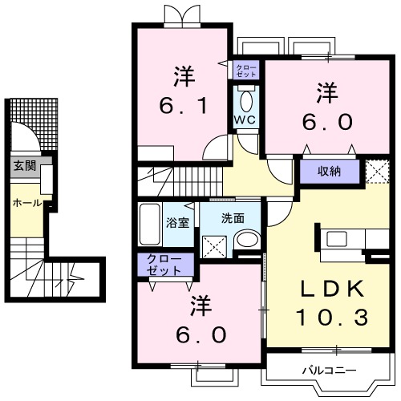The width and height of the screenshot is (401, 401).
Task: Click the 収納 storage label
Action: pos(328,171)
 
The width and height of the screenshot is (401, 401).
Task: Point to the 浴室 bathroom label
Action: pos(177,222)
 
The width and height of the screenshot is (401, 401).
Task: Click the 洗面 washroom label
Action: pos(233,217)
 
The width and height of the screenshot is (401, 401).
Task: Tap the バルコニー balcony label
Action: pos(323,371)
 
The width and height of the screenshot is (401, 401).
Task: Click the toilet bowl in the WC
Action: pos(245,102)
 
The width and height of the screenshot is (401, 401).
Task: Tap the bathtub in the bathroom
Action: pos(150,225)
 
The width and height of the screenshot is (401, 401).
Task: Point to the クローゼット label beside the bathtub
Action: pos(164,265)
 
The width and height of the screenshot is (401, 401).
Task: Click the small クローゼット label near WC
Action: pos(245,70)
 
